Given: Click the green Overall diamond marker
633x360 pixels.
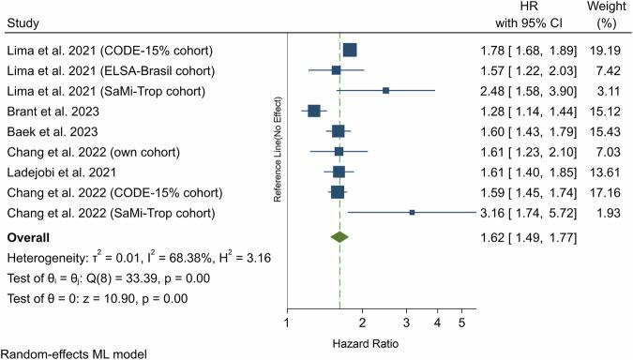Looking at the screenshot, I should click(x=339, y=238).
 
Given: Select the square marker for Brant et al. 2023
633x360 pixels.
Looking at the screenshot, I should click(x=314, y=111).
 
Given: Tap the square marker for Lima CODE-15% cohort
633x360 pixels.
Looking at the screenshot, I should click(x=350, y=50).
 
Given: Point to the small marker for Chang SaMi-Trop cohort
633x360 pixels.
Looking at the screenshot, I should click(x=412, y=213).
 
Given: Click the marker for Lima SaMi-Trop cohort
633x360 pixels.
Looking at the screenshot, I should click(x=385, y=90).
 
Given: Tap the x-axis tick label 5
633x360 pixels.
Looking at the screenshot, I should click(x=461, y=323).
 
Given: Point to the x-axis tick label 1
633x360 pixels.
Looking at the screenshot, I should click(x=285, y=323).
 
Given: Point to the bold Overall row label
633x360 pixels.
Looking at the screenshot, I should click(x=28, y=238).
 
